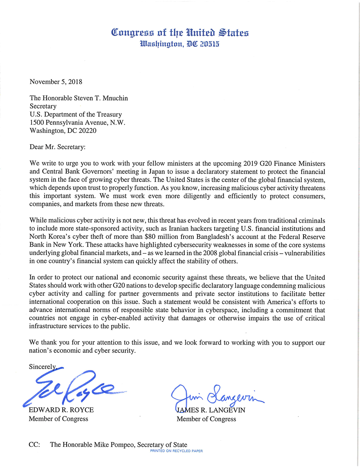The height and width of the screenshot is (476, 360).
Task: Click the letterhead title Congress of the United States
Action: coord(180,33)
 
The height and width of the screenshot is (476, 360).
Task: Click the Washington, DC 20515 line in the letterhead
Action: coord(180,44)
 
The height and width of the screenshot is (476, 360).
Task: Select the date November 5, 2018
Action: coord(56,82)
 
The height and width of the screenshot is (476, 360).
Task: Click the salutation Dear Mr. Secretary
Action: coord(58,147)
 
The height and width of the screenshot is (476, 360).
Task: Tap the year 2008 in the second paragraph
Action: coord(210,253)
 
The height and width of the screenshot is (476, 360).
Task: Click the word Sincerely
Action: coord(42,367)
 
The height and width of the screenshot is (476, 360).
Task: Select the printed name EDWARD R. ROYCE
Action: coord(61,410)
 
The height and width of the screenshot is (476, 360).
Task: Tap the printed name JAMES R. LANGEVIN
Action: coord(211,410)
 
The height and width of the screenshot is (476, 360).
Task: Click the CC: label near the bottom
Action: coord(34,445)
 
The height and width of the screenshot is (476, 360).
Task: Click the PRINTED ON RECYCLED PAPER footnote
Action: coord(176,451)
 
